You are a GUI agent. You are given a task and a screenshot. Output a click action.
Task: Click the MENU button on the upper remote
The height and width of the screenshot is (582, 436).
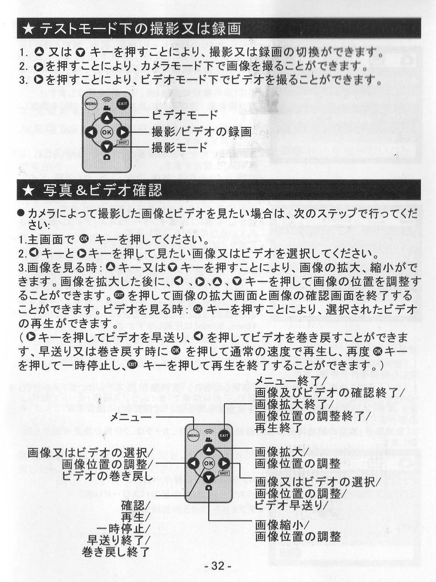(91, 104)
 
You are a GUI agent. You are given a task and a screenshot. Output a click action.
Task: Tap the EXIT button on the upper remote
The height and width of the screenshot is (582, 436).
(122, 104)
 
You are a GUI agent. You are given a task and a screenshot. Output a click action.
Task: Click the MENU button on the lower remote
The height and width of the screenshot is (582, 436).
(193, 436)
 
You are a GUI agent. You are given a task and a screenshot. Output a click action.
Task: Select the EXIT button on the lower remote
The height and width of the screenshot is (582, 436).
(224, 436)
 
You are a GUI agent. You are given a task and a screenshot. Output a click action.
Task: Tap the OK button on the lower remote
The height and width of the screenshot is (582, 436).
(209, 463)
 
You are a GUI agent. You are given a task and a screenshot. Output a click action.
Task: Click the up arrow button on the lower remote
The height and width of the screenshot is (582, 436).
(209, 449)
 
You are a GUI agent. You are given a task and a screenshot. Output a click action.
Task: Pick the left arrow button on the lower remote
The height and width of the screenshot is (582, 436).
(194, 463)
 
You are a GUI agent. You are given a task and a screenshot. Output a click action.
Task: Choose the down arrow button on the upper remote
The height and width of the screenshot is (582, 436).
(107, 146)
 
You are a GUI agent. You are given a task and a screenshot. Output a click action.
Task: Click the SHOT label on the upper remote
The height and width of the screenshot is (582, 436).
(123, 143)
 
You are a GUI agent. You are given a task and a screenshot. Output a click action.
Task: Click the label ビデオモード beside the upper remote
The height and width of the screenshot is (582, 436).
(185, 115)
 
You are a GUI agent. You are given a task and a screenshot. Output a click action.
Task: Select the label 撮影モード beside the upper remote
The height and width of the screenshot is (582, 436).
(180, 147)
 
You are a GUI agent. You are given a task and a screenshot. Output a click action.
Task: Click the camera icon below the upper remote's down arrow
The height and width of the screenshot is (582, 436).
(107, 157)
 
